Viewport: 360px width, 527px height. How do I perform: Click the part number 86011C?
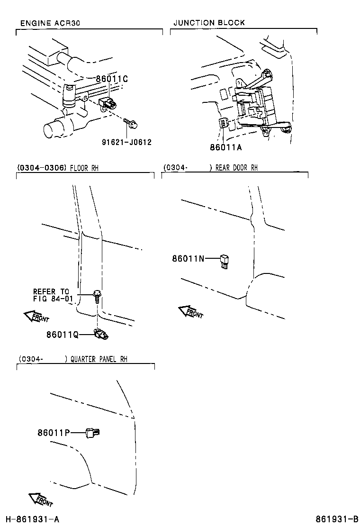[112, 79]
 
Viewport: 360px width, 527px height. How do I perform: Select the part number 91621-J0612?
[126, 142]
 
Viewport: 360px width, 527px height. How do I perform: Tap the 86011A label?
[226, 147]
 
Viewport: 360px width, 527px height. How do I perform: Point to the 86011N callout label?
[188, 259]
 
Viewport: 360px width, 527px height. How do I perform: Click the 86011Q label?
[62, 335]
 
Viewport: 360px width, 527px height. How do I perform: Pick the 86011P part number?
[54, 432]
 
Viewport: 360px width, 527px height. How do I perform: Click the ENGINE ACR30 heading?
[50, 23]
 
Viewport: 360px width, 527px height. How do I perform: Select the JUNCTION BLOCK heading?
[209, 23]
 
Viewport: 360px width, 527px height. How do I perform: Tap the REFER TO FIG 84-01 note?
[51, 295]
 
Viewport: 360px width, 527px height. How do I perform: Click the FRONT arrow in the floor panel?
[36, 317]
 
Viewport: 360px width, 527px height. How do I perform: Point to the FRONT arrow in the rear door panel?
[190, 312]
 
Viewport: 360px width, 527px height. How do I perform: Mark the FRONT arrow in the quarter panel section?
[41, 500]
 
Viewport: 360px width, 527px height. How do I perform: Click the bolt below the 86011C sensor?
[132, 124]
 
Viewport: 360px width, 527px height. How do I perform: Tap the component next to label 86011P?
[92, 432]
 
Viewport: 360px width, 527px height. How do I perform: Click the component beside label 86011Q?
[102, 335]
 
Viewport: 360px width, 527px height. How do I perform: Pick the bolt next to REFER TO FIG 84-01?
[97, 296]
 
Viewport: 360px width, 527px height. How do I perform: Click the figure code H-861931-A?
[32, 519]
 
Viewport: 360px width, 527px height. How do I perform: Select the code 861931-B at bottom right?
[337, 519]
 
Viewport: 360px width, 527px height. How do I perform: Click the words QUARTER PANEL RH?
[99, 359]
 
